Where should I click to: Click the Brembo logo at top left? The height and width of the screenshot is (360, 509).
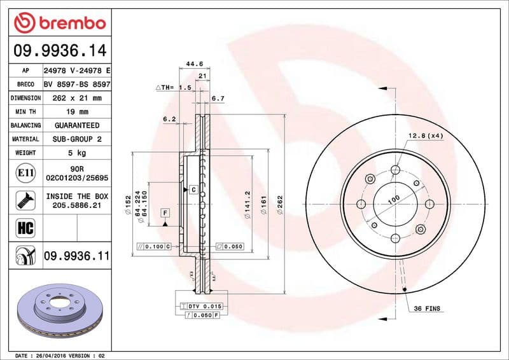(59, 24)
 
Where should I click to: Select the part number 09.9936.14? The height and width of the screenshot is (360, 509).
(59, 49)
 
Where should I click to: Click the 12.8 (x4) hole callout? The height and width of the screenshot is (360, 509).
(425, 135)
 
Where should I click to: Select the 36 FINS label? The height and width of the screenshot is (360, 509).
(427, 308)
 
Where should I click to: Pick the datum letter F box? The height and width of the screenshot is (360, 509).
(165, 212)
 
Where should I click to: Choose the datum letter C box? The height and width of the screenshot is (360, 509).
(192, 190)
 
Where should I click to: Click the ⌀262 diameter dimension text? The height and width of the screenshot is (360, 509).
(280, 204)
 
